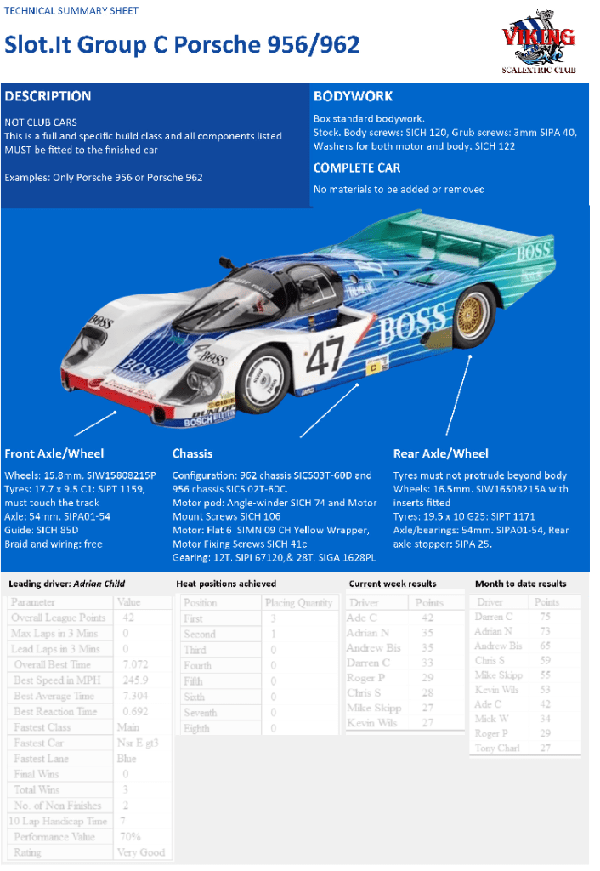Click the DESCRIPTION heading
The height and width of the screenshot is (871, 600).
tap(48, 96)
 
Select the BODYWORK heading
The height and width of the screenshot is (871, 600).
tap(353, 96)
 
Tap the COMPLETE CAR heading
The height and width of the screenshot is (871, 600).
tap(357, 168)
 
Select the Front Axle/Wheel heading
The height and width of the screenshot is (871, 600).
tap(54, 453)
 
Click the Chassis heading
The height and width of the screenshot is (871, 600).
tap(192, 453)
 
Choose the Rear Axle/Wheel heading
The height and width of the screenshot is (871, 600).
tap(441, 453)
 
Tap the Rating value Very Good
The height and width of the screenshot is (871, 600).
tap(140, 852)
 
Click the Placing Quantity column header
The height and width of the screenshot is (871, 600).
tap(297, 602)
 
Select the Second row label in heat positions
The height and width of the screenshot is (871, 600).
tap(200, 634)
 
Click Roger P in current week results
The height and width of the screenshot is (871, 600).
tap(365, 678)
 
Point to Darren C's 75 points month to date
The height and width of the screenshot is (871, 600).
tap(545, 617)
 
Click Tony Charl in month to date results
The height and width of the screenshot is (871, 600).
tap(497, 748)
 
